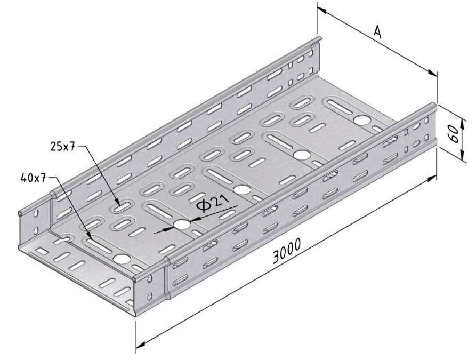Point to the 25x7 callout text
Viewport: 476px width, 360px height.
(x=62, y=146)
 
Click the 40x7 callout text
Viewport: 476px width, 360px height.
(x=34, y=178)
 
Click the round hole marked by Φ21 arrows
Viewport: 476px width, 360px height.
(x=182, y=225)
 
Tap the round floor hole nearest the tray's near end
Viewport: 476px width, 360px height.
(x=122, y=260)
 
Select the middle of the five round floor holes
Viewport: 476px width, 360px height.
(x=243, y=189)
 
